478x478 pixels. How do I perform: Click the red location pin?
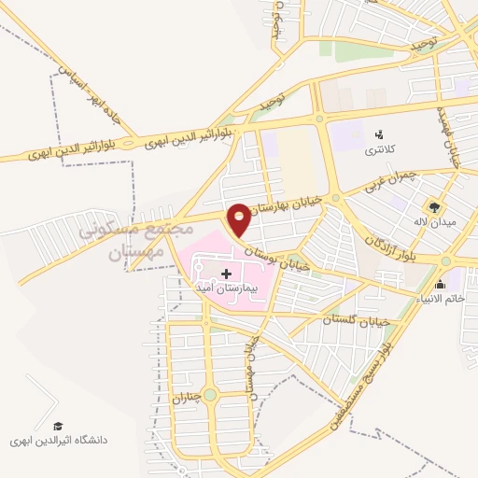coord(240,218)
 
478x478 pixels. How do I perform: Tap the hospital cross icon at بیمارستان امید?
coord(226,274)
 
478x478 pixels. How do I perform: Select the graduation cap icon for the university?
coord(59,426)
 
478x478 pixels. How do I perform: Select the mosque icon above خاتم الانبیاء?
coord(440,284)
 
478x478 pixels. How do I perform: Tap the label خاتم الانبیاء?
coord(441,299)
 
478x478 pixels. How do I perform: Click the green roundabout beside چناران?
coord(210,395)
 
